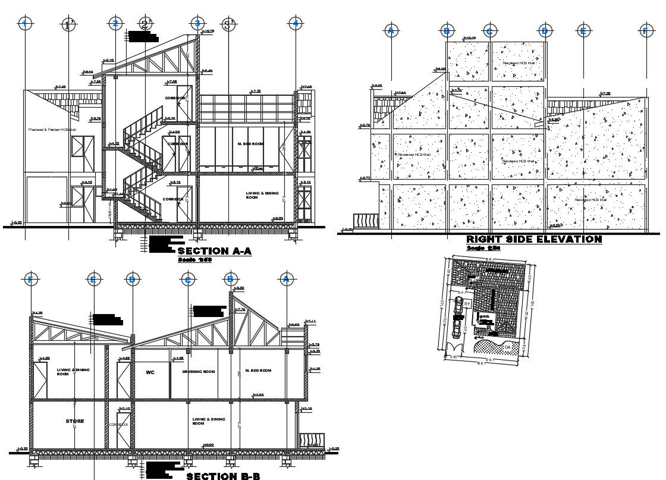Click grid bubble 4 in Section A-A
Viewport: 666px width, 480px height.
click(296, 23)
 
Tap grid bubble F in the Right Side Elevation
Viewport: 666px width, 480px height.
click(645, 30)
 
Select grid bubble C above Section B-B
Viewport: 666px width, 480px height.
click(188, 280)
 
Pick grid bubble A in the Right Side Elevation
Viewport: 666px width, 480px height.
click(391, 30)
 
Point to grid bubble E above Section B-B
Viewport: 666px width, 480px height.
click(93, 280)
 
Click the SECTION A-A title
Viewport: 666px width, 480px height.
click(219, 252)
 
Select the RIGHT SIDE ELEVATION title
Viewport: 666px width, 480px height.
click(534, 239)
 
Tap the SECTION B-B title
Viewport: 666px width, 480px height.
click(223, 476)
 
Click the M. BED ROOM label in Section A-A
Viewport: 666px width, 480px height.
click(249, 144)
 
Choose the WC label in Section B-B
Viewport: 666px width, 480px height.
click(150, 372)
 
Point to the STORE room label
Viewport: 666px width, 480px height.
click(74, 421)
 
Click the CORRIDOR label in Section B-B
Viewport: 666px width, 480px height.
click(119, 425)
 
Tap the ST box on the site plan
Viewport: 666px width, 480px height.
click(467, 304)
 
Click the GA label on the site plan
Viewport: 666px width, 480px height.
click(508, 346)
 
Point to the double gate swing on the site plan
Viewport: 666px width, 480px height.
click(456, 347)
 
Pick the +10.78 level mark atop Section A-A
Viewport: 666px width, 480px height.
click(208, 31)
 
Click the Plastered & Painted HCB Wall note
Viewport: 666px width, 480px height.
click(52, 130)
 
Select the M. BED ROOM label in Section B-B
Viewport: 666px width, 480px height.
click(257, 371)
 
